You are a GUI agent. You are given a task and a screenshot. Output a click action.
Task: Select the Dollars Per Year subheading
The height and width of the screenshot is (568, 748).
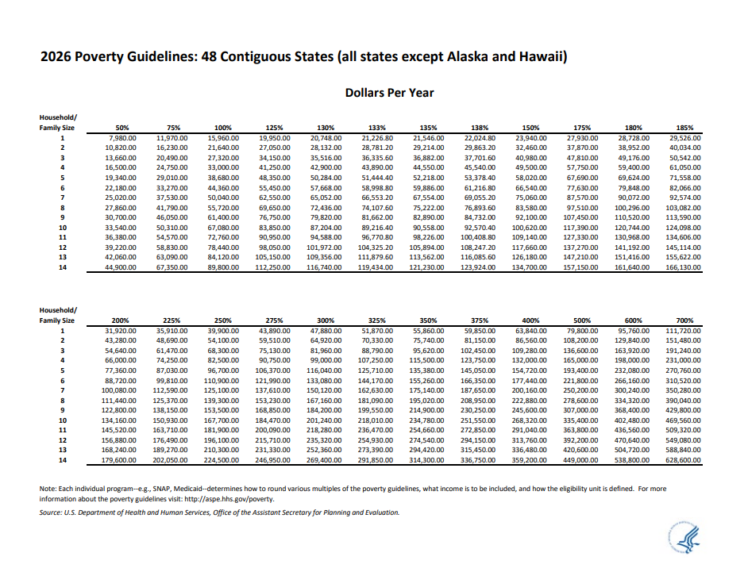click(389, 93)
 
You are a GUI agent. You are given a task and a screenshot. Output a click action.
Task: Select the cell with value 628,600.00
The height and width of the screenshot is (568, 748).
click(683, 461)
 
